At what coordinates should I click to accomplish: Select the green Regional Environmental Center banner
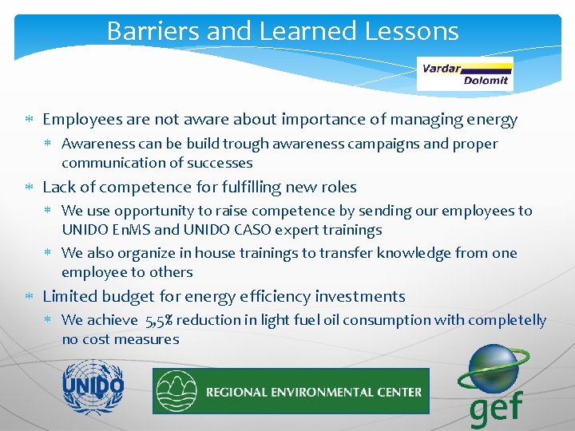[x=291, y=391]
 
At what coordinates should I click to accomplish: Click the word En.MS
[x=127, y=230]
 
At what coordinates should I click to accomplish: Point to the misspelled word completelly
[x=509, y=320]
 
